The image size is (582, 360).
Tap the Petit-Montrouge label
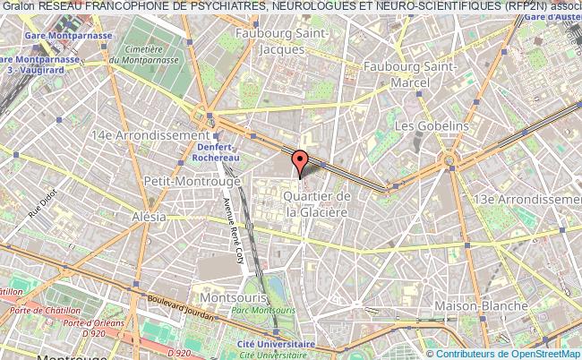click(188, 181)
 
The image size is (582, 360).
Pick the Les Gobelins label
click(432, 126)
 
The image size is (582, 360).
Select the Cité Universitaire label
click(276, 343)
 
